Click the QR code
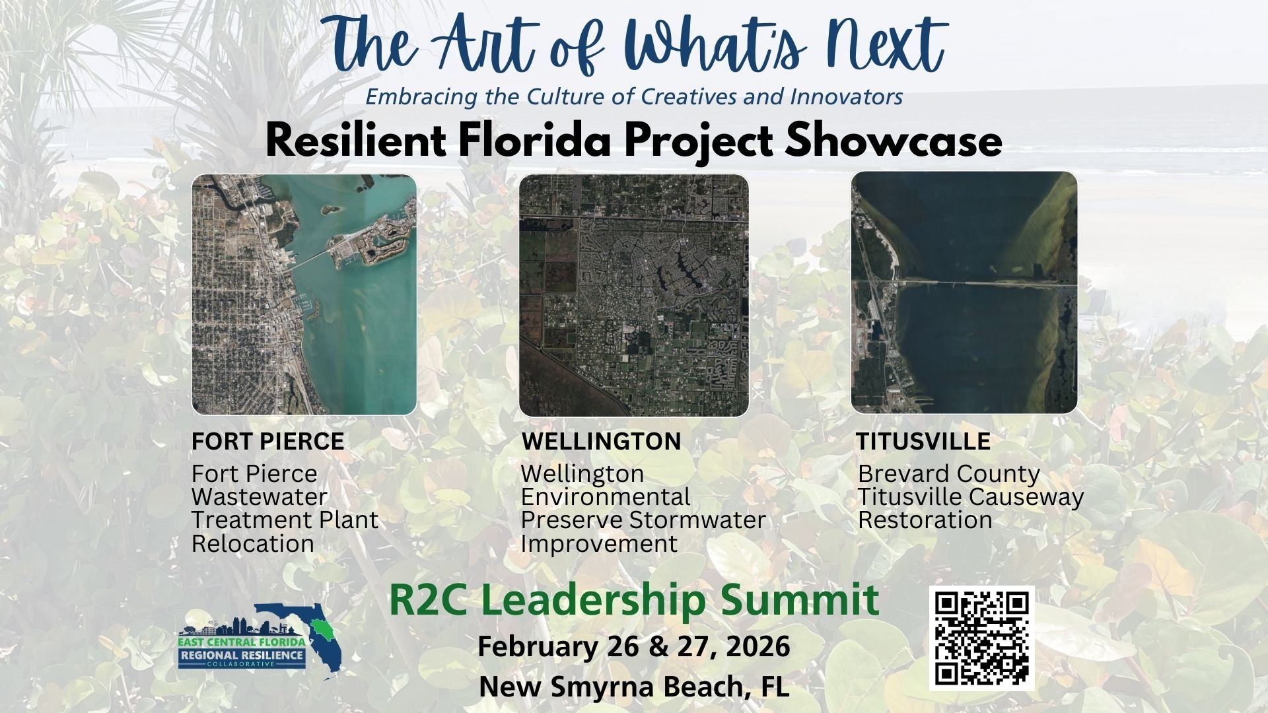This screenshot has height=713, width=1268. pyautogui.click(x=981, y=638)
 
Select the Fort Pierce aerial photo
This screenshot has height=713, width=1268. pyautogui.click(x=304, y=294)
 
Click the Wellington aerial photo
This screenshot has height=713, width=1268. pyautogui.click(x=633, y=295)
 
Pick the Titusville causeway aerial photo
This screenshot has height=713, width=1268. pyautogui.click(x=964, y=292)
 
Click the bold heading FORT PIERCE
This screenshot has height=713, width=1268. pyautogui.click(x=267, y=441)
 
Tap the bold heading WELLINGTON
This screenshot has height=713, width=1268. pyautogui.click(x=601, y=441)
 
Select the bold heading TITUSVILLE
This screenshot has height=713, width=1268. pyautogui.click(x=923, y=441)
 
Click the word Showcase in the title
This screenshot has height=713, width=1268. pyautogui.click(x=894, y=141)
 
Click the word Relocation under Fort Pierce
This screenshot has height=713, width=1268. pyautogui.click(x=253, y=544)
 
